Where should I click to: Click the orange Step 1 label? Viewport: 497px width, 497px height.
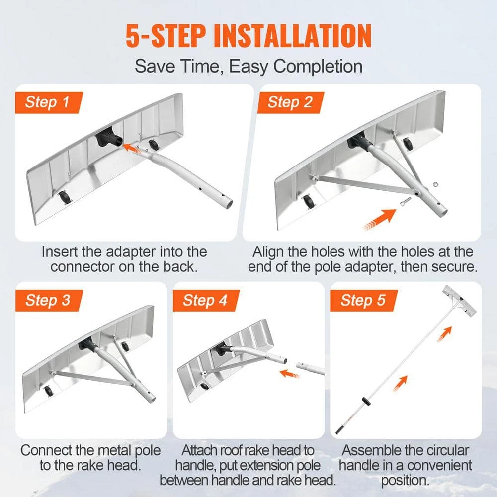[48, 103]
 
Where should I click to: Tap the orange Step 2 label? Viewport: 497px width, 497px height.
[290, 102]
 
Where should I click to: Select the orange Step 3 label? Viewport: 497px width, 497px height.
[48, 300]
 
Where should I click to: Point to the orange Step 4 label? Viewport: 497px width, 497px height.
[205, 300]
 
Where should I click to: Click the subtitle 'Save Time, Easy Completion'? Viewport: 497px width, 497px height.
[248, 66]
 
